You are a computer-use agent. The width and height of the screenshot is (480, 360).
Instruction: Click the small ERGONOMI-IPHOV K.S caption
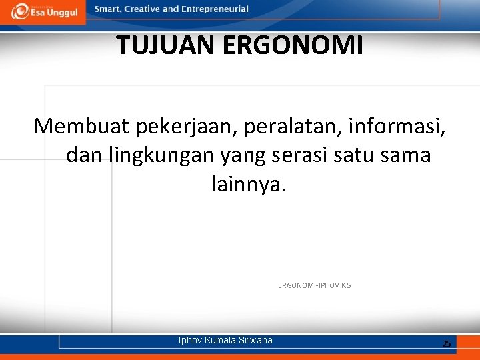314,285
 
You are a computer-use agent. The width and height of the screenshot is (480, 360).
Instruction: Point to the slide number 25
447,343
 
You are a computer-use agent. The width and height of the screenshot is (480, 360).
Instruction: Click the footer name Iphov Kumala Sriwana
225,340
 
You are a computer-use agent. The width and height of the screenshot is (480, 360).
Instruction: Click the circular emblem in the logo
19,11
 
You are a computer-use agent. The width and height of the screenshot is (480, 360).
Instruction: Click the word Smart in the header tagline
108,9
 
